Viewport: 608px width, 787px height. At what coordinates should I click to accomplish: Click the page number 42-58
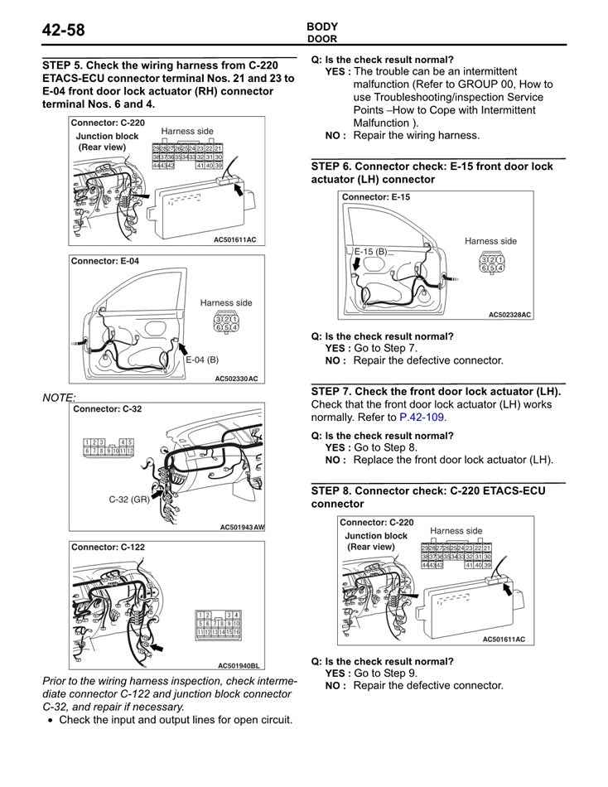64,31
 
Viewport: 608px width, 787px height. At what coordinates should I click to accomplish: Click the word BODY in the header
322,27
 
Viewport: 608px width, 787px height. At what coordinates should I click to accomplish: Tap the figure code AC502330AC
236,379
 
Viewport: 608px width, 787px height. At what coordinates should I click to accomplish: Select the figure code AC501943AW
242,527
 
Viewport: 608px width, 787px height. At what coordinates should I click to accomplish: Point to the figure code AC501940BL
239,665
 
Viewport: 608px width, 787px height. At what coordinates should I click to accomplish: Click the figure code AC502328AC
509,315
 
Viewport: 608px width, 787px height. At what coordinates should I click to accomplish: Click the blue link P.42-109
422,418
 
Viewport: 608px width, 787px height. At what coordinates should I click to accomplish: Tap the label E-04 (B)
202,360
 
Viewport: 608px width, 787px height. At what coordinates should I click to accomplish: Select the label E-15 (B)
370,251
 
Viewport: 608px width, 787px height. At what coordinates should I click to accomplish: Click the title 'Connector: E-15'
375,197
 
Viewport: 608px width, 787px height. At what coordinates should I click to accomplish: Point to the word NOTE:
59,398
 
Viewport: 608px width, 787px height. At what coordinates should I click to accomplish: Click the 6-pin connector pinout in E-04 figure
225,323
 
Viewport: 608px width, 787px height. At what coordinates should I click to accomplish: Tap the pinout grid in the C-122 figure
218,623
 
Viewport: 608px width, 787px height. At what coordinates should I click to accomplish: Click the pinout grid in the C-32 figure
109,447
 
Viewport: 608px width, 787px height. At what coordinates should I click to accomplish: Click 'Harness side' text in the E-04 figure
226,303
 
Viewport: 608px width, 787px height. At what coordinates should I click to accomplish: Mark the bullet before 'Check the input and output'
51,721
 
